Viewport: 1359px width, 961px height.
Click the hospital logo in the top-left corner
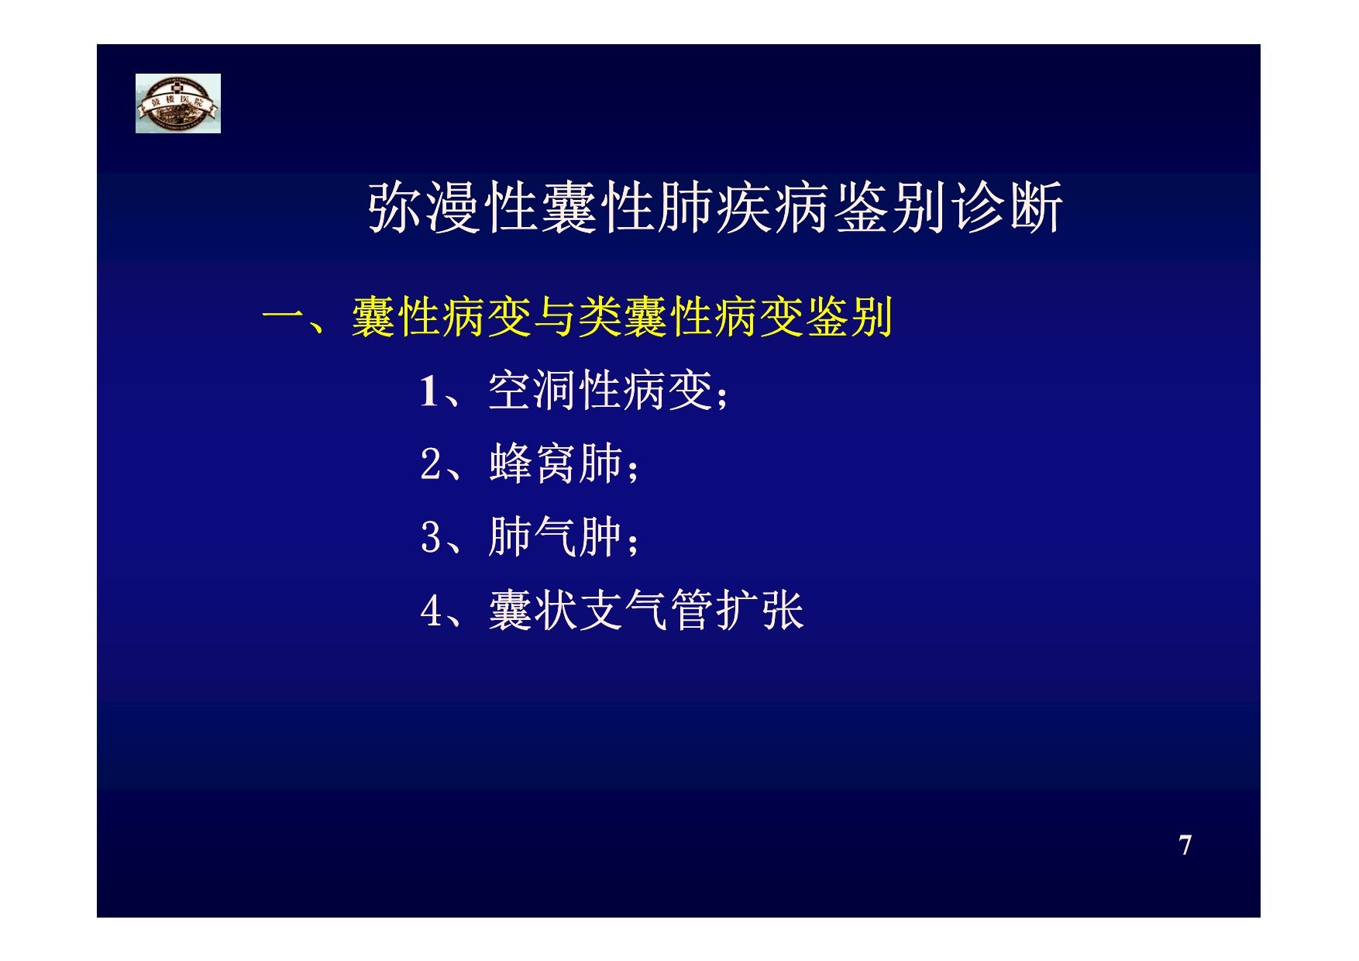tap(178, 103)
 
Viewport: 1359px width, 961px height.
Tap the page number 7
tap(1185, 845)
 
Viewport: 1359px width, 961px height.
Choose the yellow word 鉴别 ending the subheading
tap(850, 317)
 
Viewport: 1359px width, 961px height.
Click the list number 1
tap(429, 391)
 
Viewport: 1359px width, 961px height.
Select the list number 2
tap(430, 465)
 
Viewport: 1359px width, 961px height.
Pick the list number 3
tap(430, 538)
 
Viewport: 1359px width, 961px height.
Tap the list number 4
tap(430, 611)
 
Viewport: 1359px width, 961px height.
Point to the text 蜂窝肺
tap(556, 463)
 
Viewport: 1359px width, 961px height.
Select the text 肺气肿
tap(556, 536)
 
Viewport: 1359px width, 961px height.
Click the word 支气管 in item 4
tap(646, 610)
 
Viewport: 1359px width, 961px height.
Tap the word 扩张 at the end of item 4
tap(759, 610)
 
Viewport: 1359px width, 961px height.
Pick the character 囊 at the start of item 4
tap(511, 610)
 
